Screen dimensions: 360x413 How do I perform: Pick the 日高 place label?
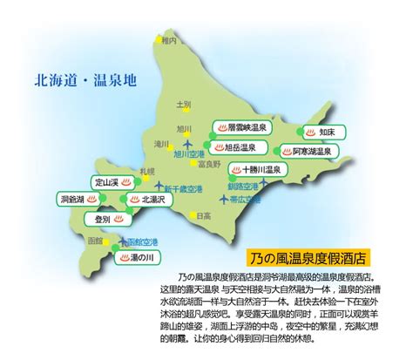pyautogui.click(x=204, y=215)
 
